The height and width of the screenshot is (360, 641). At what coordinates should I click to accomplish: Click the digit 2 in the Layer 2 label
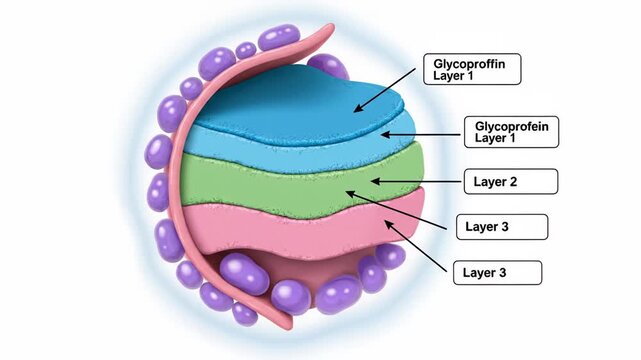(x=514, y=182)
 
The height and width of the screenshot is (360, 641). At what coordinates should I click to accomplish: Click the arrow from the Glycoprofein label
(x=419, y=134)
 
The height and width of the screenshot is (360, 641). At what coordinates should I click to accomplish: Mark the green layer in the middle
(x=290, y=185)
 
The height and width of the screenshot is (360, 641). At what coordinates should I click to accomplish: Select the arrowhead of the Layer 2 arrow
(x=373, y=182)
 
